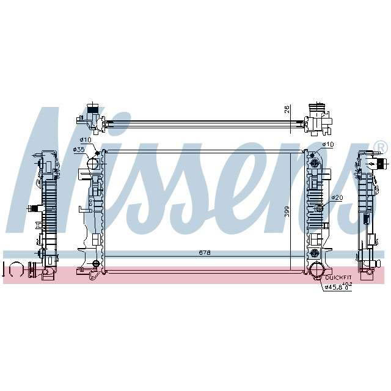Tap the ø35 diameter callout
point(79,150)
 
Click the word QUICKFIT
point(338,277)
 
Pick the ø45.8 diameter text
point(335,287)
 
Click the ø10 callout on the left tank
point(86,140)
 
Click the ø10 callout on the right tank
point(329,144)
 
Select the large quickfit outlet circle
point(316,270)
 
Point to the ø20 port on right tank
point(319,210)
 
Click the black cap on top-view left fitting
point(93,112)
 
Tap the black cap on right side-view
point(381,164)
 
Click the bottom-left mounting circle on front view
point(95,264)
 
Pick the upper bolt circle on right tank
point(315,164)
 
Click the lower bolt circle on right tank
point(315,252)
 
